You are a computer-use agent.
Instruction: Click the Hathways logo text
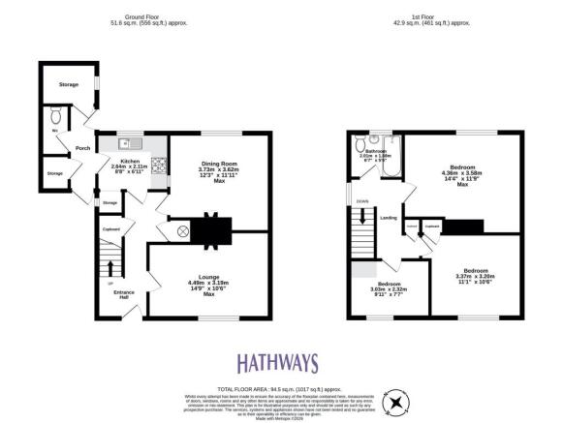(x=277, y=363)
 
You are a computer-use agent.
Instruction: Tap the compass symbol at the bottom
(x=394, y=402)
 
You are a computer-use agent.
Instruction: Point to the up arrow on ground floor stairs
(x=109, y=268)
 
